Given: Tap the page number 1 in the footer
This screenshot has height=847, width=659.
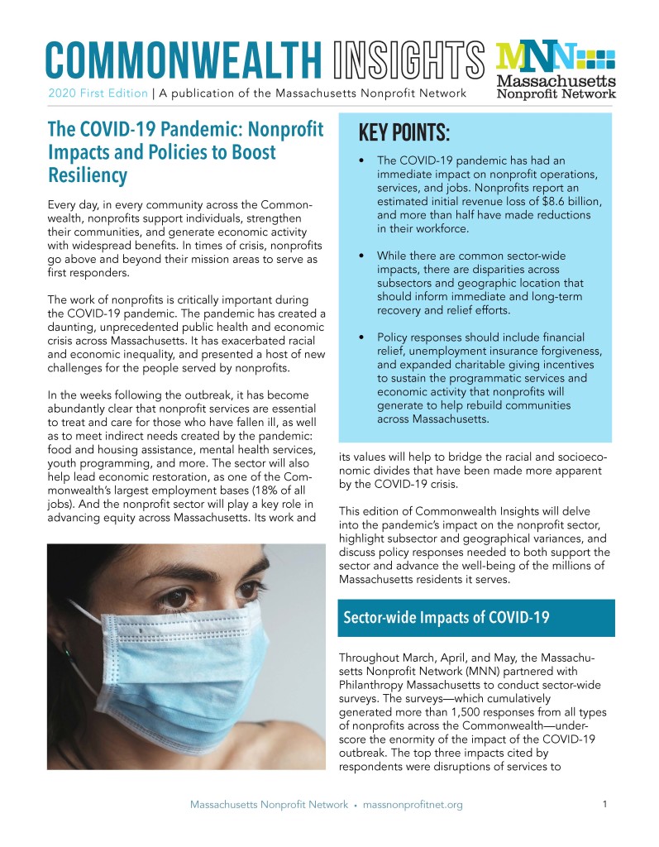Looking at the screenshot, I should pyautogui.click(x=605, y=804).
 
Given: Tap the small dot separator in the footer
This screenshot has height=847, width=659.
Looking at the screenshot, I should pyautogui.click(x=354, y=805).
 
